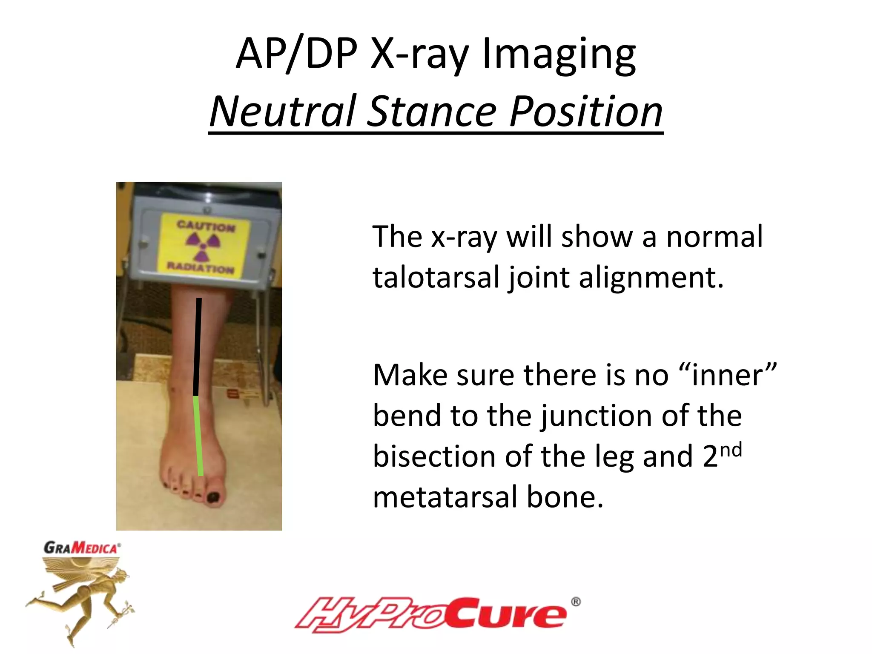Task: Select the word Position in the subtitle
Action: [x=586, y=112]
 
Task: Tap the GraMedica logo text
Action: [x=82, y=548]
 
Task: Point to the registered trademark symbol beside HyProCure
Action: [x=575, y=602]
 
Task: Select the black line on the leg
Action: [x=197, y=347]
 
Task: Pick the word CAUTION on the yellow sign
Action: [x=206, y=226]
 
